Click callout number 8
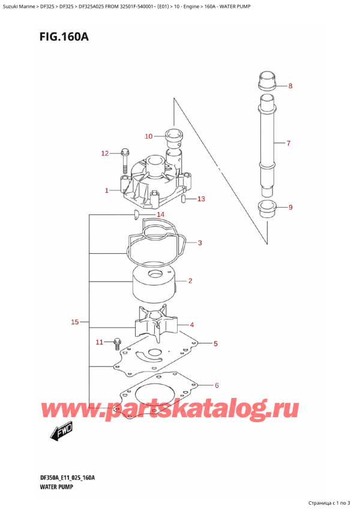(x=290, y=86)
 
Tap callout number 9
(x=290, y=208)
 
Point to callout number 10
(x=149, y=136)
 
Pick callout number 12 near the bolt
(x=105, y=154)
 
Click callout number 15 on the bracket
(x=75, y=322)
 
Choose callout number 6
(x=217, y=385)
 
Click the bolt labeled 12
(x=125, y=157)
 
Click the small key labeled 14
(x=137, y=214)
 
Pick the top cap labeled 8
(x=267, y=82)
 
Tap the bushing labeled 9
(x=267, y=209)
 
